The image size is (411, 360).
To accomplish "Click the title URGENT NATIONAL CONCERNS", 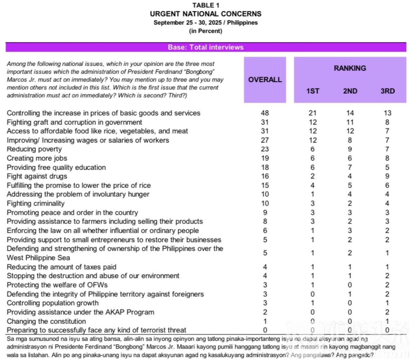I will (205, 14).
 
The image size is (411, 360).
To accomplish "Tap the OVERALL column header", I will (265, 79).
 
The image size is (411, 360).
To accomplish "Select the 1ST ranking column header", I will (313, 91).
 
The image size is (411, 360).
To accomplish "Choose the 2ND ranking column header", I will (350, 91).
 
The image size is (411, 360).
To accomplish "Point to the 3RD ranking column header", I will (387, 91).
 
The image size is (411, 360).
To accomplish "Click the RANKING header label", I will (350, 68).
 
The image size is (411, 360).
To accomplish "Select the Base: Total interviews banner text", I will (205, 47).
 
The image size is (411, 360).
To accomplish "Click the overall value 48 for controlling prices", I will (265, 113).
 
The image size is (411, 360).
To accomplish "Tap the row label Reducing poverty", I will (34, 149).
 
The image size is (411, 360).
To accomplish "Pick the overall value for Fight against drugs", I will (265, 176).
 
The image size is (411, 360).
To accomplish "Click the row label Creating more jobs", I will (37, 158).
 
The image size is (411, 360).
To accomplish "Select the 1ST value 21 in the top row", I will (313, 113).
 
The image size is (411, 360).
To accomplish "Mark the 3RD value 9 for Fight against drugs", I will (387, 176).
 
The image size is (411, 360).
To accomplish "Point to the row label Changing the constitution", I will (46, 321).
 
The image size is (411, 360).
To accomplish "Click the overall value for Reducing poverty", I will (265, 149).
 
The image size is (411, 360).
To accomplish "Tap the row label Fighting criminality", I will (36, 203).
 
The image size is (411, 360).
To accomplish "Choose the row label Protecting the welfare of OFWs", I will (57, 285).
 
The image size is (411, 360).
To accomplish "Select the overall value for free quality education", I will (265, 167).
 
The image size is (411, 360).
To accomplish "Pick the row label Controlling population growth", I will (53, 303).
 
